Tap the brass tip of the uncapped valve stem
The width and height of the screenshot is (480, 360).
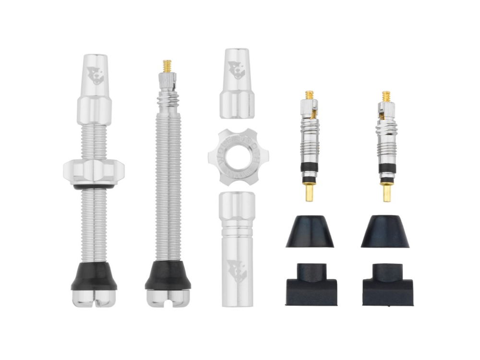coord(167,65)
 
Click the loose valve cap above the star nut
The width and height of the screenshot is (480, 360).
coord(237,84)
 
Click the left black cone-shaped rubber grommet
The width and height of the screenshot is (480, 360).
coord(310,232)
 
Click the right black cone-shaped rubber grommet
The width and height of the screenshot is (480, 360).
coord(385,232)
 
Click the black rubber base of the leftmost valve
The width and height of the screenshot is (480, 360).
coord(94,276)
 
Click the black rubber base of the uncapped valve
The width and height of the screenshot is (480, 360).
coord(168,276)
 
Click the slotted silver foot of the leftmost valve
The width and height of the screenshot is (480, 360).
coord(94,299)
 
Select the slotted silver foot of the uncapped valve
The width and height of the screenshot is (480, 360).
coord(168,298)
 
